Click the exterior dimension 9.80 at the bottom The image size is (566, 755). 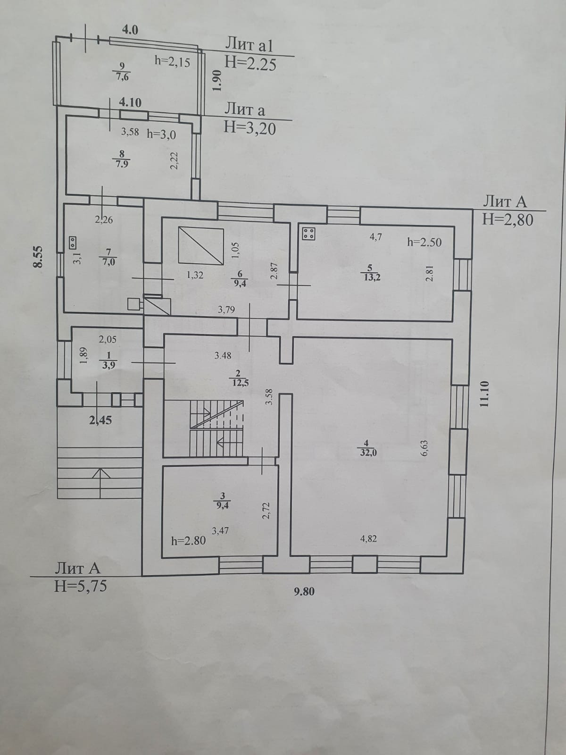click(x=304, y=591)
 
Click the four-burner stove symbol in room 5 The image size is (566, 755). click(x=309, y=234)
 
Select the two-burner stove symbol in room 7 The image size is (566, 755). click(x=73, y=242)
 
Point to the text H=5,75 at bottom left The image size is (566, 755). click(x=81, y=586)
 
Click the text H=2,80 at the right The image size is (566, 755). click(x=508, y=219)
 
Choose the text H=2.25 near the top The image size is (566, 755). click(x=250, y=63)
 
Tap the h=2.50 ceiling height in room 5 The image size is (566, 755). click(x=424, y=242)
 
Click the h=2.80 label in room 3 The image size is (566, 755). click(x=188, y=541)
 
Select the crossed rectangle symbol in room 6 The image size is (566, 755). click(x=200, y=245)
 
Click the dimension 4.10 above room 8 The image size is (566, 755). click(x=130, y=102)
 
